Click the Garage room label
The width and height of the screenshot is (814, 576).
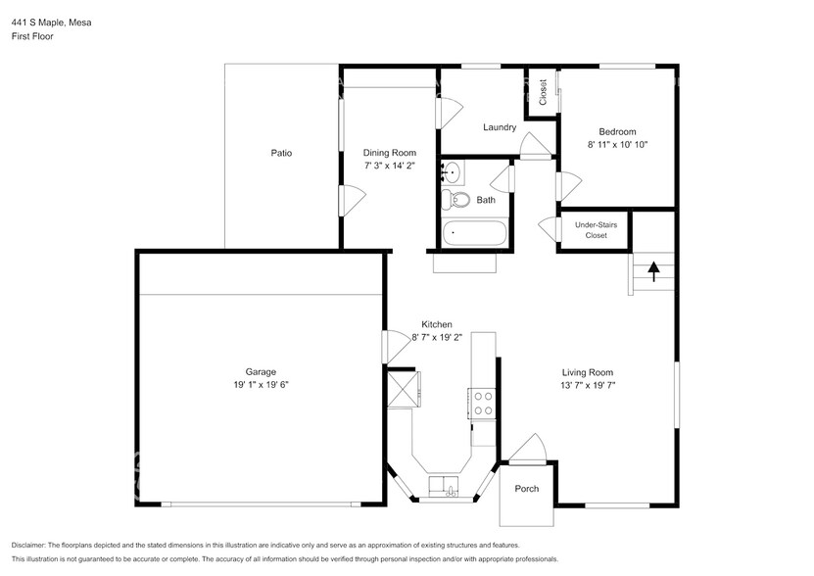pyautogui.click(x=261, y=371)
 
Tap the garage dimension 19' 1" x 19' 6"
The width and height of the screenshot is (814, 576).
pyautogui.click(x=261, y=385)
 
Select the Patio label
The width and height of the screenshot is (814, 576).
pyautogui.click(x=281, y=153)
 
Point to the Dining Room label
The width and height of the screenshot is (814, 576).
pyautogui.click(x=390, y=153)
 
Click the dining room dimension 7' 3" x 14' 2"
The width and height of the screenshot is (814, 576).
pyautogui.click(x=390, y=166)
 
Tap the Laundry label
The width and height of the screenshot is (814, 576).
pyautogui.click(x=500, y=127)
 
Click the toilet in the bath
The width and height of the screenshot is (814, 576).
pyautogui.click(x=454, y=200)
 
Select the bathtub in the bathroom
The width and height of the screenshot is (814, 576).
pyautogui.click(x=475, y=234)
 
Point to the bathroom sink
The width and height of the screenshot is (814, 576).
pyautogui.click(x=452, y=172)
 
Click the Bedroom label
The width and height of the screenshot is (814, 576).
pyautogui.click(x=617, y=131)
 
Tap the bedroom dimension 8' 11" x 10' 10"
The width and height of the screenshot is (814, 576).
pyautogui.click(x=617, y=144)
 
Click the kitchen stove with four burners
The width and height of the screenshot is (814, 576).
pyautogui.click(x=482, y=404)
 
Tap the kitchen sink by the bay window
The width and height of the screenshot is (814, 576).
pyautogui.click(x=442, y=486)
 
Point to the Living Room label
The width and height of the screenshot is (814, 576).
pyautogui.click(x=587, y=371)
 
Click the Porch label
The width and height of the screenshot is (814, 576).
pyautogui.click(x=527, y=489)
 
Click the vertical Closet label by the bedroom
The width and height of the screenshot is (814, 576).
pyautogui.click(x=543, y=91)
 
